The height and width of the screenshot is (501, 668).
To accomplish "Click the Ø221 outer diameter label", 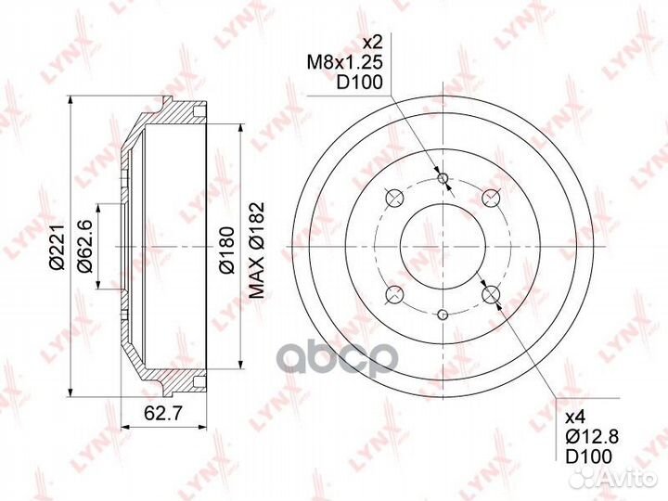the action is [57, 247].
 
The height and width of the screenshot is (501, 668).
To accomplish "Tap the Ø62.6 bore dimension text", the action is [84, 247].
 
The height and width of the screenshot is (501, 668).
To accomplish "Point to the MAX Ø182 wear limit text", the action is [257, 250].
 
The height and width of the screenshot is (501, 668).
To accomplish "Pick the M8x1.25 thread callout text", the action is [345, 63].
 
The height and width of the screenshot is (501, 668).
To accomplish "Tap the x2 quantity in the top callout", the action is [372, 43].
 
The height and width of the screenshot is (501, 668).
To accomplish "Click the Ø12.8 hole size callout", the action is [592, 436].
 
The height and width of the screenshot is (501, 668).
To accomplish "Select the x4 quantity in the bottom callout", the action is [575, 417].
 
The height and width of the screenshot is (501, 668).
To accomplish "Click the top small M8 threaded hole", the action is [443, 177].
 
